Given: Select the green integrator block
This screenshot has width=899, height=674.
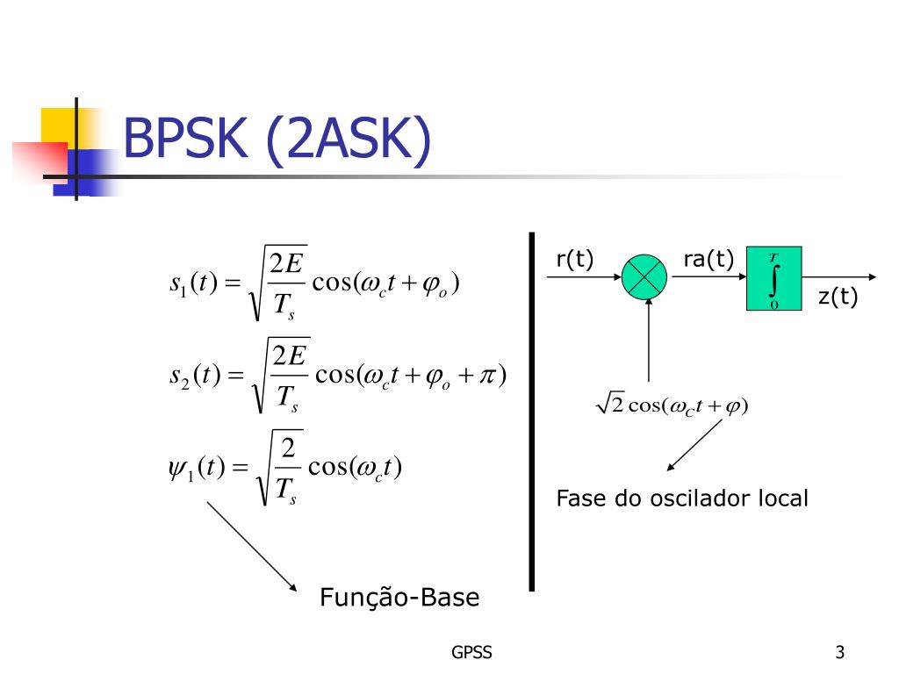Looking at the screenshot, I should (x=773, y=279).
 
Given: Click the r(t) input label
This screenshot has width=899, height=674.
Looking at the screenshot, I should (x=575, y=259).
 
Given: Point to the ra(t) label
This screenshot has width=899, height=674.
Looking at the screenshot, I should (x=708, y=259).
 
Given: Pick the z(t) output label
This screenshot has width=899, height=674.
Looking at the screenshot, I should (x=838, y=298).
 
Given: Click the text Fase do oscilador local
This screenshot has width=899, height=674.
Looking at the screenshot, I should (x=682, y=498).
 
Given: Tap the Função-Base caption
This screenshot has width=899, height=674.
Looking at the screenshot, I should (x=399, y=599).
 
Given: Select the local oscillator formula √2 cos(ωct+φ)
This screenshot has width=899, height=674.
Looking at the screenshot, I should (x=672, y=405).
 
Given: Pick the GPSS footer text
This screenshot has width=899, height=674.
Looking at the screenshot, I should (x=471, y=652).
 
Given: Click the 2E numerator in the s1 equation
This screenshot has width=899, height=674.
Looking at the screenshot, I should (x=288, y=263).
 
